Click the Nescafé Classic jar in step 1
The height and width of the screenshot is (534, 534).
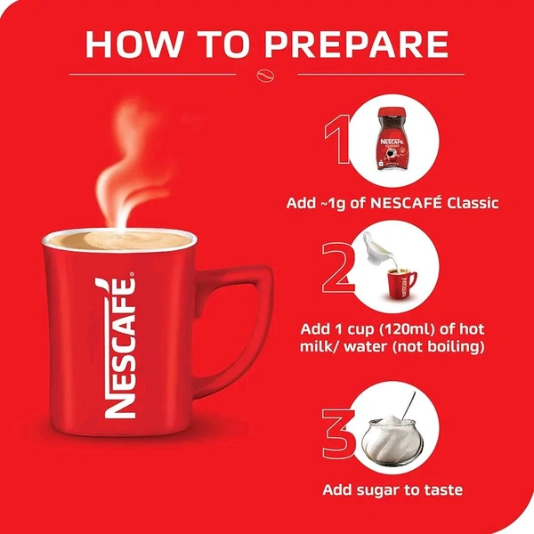tap(392, 140)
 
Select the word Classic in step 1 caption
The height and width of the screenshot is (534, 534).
tap(467, 203)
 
